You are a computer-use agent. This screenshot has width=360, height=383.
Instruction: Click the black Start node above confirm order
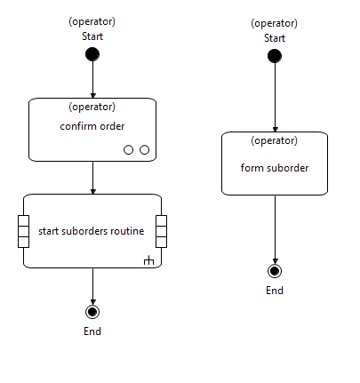92,55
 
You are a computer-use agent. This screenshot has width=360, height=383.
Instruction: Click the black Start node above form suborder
275,56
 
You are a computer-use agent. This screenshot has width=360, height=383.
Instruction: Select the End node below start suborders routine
92,311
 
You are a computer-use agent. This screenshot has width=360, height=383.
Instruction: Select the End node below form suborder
275,271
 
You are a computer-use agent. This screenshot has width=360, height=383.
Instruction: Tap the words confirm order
92,126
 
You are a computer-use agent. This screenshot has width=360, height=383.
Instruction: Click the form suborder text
275,167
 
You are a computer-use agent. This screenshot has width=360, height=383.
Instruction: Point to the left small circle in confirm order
129,149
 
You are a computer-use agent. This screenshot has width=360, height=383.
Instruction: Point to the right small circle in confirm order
144,149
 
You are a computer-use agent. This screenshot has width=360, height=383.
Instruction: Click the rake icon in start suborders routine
148,260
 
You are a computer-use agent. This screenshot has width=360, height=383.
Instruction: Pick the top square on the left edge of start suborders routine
24,221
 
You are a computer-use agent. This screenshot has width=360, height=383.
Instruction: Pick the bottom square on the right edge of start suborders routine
161,241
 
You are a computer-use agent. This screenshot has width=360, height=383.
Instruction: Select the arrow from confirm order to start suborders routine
92,177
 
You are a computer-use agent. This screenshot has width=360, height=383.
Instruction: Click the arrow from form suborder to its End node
275,227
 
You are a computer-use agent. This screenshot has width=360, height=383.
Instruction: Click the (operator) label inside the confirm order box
92,107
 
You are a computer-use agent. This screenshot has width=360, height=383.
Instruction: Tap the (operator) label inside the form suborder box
275,140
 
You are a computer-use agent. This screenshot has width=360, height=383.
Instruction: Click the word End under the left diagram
92,331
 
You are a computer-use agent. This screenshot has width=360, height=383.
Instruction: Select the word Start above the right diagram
275,37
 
